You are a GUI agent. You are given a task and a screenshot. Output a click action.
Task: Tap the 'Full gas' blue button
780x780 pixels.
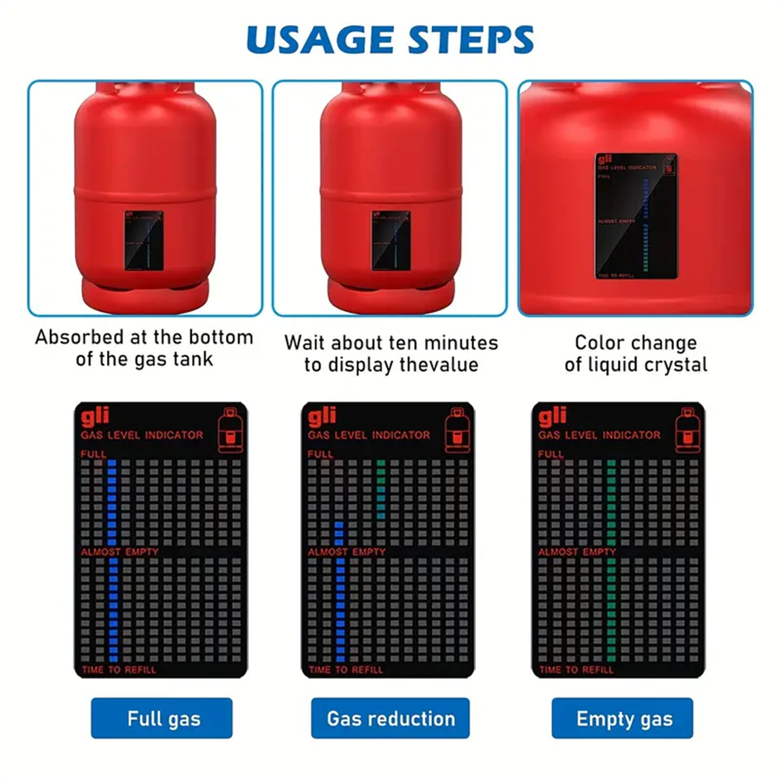pyautogui.click(x=161, y=718)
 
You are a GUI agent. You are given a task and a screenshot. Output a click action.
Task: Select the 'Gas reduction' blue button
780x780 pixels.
pyautogui.click(x=390, y=718)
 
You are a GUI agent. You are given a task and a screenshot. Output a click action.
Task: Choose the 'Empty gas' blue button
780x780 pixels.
pyautogui.click(x=623, y=718)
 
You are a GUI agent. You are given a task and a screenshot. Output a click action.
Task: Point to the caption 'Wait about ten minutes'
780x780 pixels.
pyautogui.click(x=390, y=342)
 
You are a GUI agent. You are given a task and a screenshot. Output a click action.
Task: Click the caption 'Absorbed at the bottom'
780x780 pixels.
pyautogui.click(x=144, y=338)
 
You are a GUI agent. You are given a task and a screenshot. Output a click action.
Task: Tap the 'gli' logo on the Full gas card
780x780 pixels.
pyautogui.click(x=91, y=417)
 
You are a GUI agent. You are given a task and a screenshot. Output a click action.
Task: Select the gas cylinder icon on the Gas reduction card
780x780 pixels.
pyautogui.click(x=458, y=431)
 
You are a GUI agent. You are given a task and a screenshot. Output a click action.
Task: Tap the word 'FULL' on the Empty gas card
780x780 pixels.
pyautogui.click(x=551, y=454)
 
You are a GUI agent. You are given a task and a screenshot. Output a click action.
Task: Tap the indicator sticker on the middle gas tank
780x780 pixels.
pyautogui.click(x=390, y=240)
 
